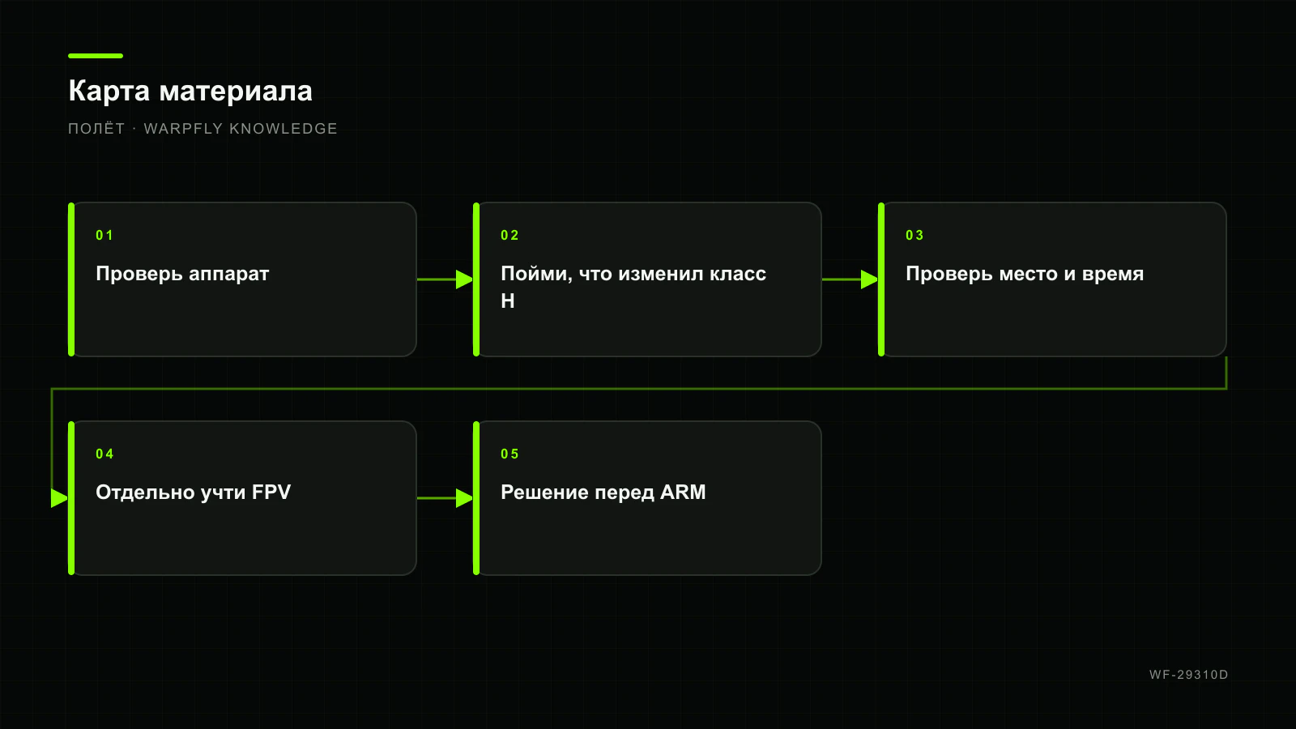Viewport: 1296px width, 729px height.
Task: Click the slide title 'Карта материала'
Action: point(190,92)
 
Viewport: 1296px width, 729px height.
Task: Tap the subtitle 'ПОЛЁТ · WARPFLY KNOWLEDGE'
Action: point(202,129)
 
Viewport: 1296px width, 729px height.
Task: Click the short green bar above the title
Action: point(96,56)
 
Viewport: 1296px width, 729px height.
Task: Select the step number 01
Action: point(104,236)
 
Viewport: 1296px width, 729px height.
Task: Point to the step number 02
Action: point(509,236)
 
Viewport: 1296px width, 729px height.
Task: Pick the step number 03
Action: point(914,236)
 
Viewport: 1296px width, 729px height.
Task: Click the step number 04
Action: point(104,454)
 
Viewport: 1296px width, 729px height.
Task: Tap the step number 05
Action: point(509,454)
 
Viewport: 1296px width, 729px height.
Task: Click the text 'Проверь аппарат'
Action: point(182,275)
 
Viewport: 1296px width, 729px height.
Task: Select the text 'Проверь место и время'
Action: point(1025,275)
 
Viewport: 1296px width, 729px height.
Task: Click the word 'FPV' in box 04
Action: point(271,492)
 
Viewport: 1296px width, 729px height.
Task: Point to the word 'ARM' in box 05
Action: point(683,492)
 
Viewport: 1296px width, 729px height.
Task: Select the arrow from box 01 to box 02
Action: point(445,279)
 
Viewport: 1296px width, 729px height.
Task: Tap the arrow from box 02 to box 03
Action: point(850,279)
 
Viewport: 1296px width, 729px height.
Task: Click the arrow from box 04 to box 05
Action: point(445,498)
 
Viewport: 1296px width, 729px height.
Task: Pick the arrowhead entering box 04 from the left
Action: point(60,498)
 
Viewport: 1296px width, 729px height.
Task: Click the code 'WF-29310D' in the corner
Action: point(1189,675)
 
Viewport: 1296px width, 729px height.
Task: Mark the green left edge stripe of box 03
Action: point(881,279)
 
